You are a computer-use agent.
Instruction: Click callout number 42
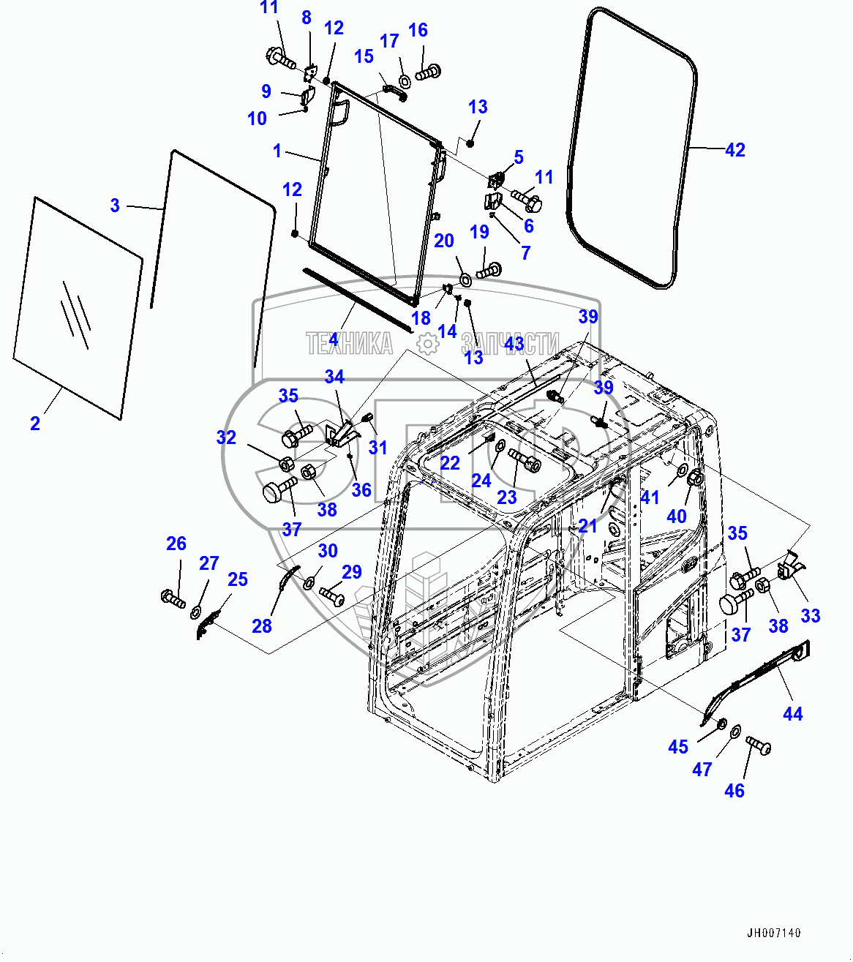click(x=734, y=150)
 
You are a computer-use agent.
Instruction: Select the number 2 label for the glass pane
click(x=35, y=423)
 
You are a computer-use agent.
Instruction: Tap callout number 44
click(x=792, y=713)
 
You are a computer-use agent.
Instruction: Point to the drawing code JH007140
click(x=773, y=933)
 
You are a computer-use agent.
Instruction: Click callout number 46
click(x=734, y=790)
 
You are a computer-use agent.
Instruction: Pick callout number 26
click(x=176, y=544)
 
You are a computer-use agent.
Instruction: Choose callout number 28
click(x=262, y=625)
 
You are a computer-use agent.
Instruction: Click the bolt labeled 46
click(x=758, y=745)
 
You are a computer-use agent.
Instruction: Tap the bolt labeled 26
click(x=173, y=598)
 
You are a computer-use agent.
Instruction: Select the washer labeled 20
click(x=465, y=279)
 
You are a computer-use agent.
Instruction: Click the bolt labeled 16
click(x=428, y=72)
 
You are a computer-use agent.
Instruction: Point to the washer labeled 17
click(x=404, y=80)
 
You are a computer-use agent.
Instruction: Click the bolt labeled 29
click(x=332, y=596)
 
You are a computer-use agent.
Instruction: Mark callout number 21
click(x=587, y=526)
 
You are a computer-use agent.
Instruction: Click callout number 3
click(x=115, y=206)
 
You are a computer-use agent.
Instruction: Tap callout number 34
click(x=334, y=377)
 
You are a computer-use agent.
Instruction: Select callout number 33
click(x=810, y=615)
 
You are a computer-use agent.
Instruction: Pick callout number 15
click(x=364, y=56)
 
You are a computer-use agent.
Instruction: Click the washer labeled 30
click(x=309, y=582)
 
